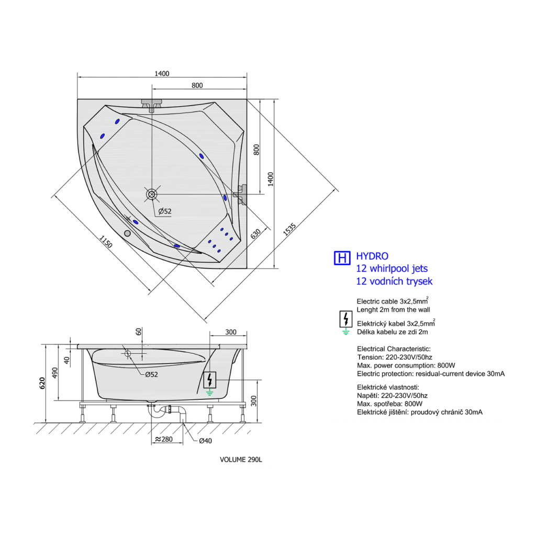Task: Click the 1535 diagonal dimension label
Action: pos(289,229)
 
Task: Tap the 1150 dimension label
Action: pos(106,241)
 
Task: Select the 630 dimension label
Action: pos(255,234)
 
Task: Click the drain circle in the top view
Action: pos(151,194)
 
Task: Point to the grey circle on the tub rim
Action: pos(127,233)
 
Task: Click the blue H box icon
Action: pos(342,258)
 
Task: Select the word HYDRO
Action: pos(372,256)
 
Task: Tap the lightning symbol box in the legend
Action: pos(346,319)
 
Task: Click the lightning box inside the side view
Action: pos(210,380)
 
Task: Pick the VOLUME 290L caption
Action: pos(241,460)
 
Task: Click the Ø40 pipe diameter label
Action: pos(205,441)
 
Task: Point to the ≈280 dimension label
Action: pos(164,439)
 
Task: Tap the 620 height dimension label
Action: pos(42,383)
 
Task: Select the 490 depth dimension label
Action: pos(54,373)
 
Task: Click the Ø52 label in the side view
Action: pos(151,374)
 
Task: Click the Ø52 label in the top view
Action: pos(165,211)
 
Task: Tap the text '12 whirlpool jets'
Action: pos(392,269)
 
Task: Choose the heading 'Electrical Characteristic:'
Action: pos(394,349)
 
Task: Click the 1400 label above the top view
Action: pos(162,73)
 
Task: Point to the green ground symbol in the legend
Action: pos(346,331)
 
